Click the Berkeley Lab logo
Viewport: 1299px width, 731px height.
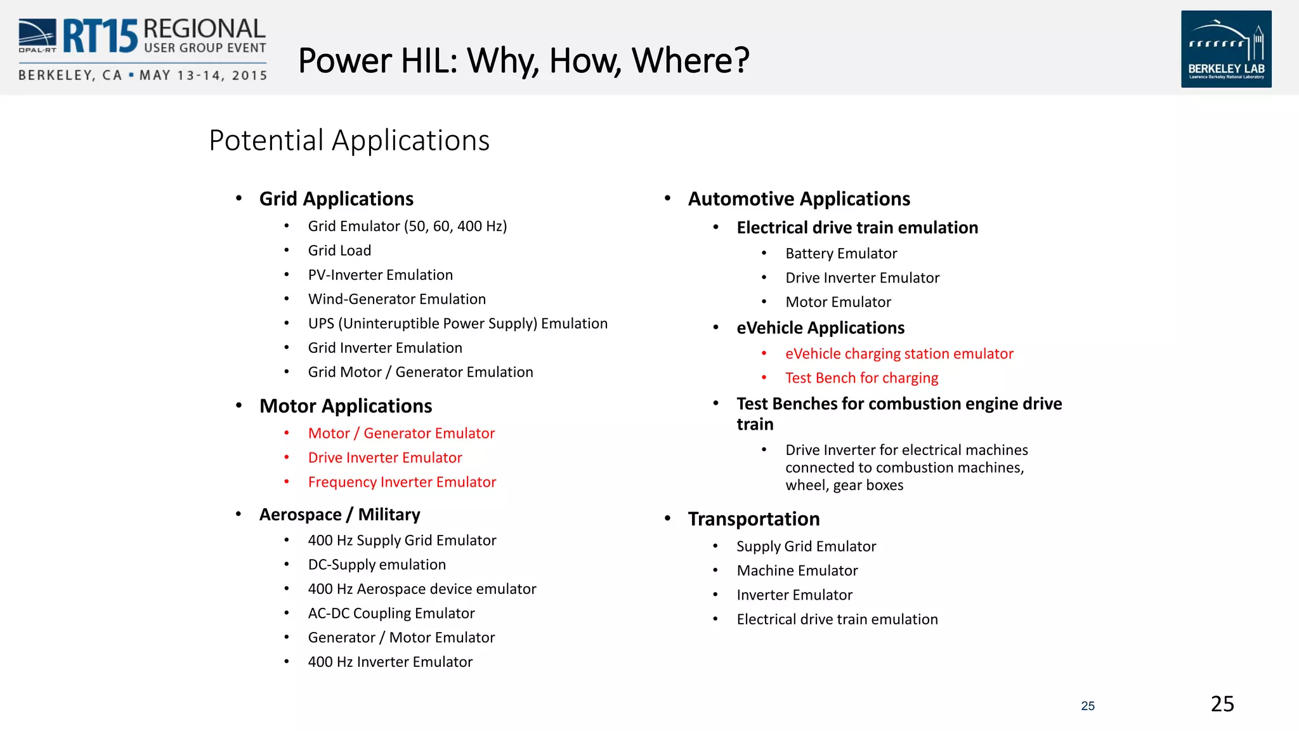[1225, 49]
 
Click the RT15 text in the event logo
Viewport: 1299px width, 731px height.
[100, 36]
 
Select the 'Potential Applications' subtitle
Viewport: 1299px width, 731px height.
[349, 140]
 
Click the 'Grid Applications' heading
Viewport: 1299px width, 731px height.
[336, 199]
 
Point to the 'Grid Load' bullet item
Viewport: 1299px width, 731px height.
[339, 251]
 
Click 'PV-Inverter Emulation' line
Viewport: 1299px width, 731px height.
[380, 275]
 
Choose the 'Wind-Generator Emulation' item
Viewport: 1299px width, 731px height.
[396, 299]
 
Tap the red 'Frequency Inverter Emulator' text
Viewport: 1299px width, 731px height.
[401, 482]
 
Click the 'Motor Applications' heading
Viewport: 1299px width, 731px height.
[346, 406]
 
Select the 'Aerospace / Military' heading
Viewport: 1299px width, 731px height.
[339, 515]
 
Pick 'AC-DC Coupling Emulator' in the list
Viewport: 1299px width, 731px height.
[391, 614]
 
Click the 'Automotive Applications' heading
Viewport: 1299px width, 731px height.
[799, 199]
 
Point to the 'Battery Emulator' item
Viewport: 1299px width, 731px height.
[841, 254]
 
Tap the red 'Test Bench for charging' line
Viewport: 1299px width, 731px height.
[861, 378]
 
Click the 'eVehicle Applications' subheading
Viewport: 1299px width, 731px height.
[820, 328]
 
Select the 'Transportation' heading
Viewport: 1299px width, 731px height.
[754, 519]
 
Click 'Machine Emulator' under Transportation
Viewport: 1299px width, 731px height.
[797, 571]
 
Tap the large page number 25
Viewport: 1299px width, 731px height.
[1222, 704]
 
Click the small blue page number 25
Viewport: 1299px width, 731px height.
[1088, 706]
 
